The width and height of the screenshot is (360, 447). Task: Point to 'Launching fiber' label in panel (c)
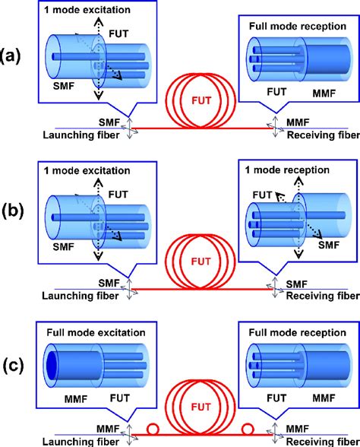77,442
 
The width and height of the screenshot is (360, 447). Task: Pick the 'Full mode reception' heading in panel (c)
289,330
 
